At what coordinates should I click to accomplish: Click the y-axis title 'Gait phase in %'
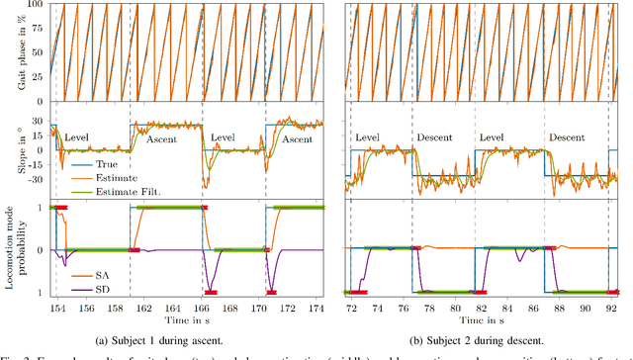[x=9, y=50]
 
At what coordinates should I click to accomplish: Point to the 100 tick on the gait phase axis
[x=36, y=4]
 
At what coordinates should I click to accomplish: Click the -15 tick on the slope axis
[x=33, y=165]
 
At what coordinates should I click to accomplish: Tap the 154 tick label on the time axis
[x=55, y=309]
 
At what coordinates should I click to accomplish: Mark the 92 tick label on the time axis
[x=611, y=309]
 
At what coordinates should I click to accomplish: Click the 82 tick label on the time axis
[x=482, y=309]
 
